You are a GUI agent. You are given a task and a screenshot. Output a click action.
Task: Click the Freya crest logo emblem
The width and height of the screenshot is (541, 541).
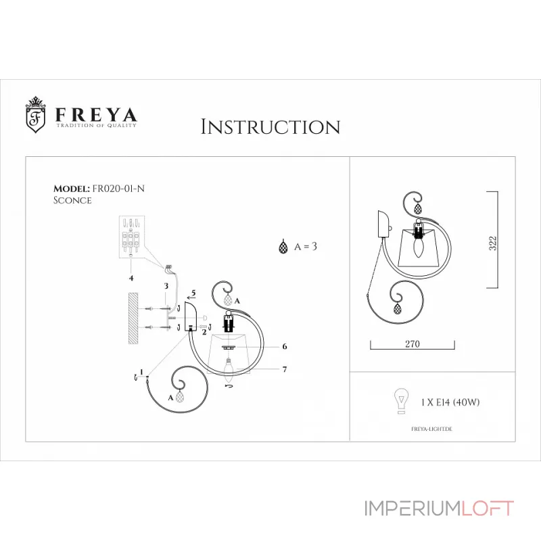click(36, 114)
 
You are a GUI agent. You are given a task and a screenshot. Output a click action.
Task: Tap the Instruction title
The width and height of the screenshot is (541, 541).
click(270, 126)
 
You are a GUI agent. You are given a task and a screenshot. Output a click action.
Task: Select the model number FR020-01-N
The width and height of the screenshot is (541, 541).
click(118, 189)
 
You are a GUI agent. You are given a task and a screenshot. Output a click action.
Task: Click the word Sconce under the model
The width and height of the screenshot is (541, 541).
click(72, 200)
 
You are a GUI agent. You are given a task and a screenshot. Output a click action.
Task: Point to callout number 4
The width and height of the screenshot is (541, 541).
click(131, 277)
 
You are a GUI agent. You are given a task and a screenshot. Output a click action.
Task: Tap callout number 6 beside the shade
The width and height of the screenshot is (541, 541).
click(285, 346)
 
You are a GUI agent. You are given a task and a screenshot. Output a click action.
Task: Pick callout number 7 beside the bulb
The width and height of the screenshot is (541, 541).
click(285, 369)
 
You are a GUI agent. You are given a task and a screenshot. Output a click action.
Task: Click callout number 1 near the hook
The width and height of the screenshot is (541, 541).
click(140, 371)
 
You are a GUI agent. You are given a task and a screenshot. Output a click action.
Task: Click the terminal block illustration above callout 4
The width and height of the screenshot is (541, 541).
click(133, 237)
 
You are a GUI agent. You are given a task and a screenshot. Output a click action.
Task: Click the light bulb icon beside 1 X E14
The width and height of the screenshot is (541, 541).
click(401, 402)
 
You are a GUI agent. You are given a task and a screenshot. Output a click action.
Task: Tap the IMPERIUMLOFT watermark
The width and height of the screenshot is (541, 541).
click(439, 509)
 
